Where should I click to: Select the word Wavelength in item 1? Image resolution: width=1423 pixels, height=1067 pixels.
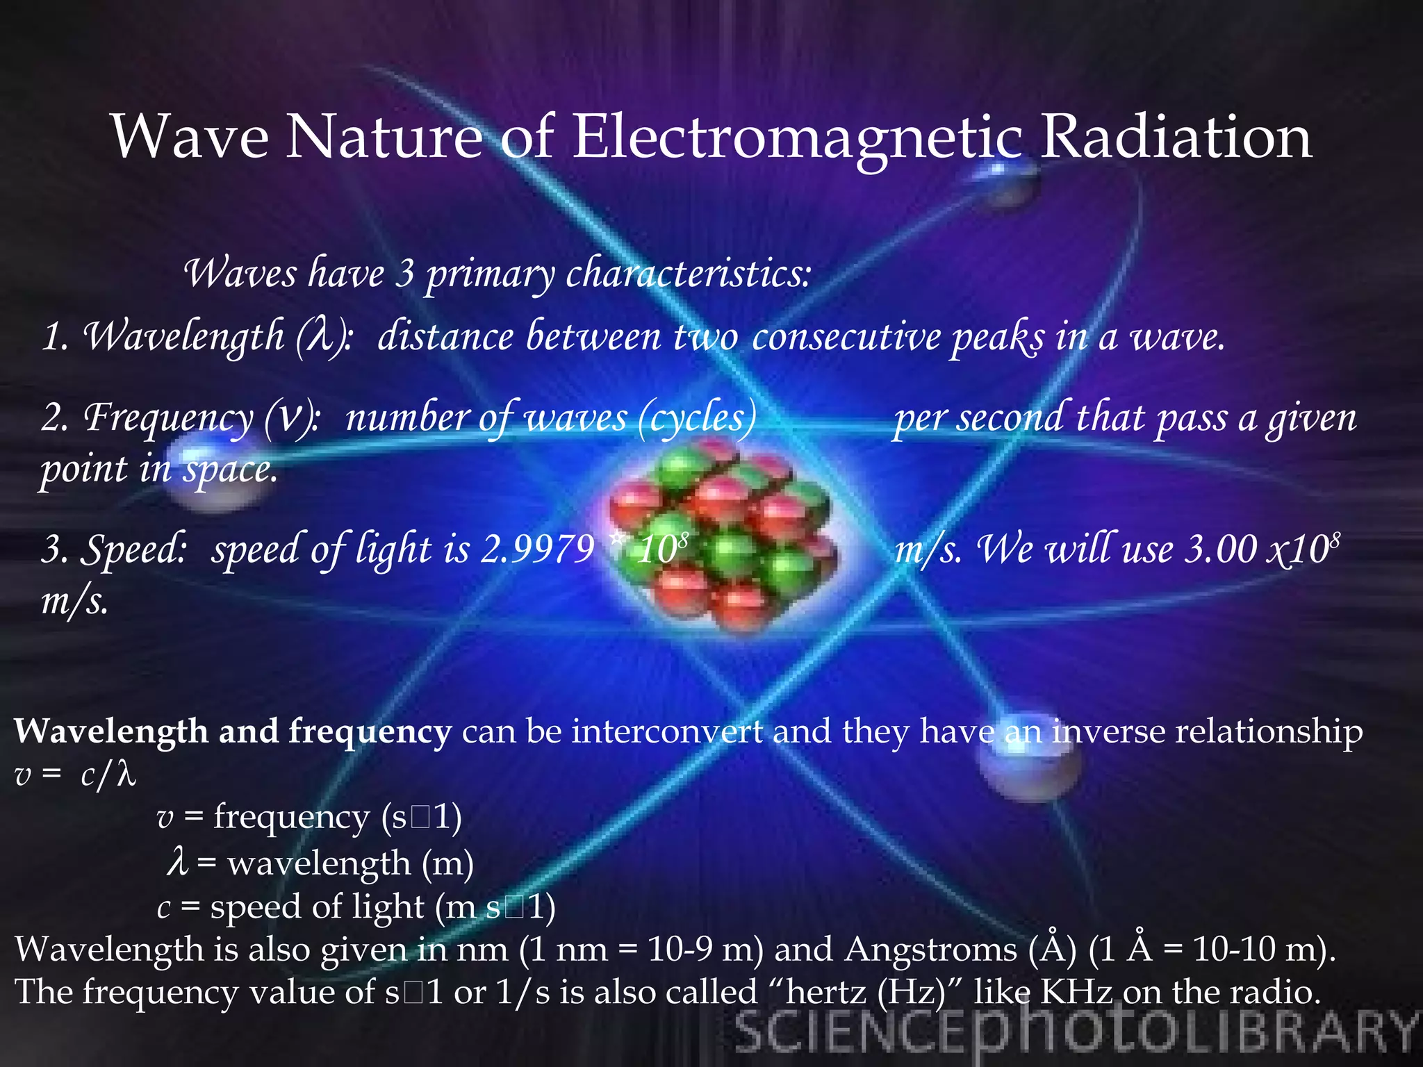coord(184,337)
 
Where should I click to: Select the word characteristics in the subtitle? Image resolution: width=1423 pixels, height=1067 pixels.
coord(688,274)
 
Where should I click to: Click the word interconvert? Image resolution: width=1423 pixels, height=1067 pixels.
coord(667,731)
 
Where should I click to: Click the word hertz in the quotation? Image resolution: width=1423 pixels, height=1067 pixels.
coord(827,992)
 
